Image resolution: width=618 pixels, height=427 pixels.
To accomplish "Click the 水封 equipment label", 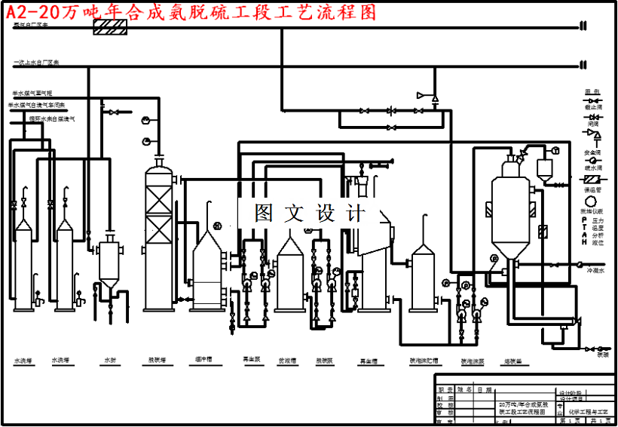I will (x=110, y=361).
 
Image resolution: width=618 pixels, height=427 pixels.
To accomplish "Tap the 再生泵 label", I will (x=251, y=360).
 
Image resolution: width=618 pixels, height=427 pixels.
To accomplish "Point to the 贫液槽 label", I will (x=287, y=361).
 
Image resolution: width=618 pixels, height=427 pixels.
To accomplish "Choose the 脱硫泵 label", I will (x=325, y=361).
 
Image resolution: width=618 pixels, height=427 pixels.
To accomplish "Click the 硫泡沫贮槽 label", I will (x=424, y=361).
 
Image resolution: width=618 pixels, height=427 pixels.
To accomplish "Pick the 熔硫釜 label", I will (x=513, y=361).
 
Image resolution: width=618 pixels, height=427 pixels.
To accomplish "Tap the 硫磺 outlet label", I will (x=602, y=354).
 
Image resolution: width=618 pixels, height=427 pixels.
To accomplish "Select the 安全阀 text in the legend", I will (x=592, y=152).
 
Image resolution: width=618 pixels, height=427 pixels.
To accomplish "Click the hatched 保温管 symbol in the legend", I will (x=592, y=180).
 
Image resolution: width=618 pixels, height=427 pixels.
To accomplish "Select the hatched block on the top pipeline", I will (x=109, y=27).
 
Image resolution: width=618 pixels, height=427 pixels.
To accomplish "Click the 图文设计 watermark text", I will (x=310, y=213).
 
